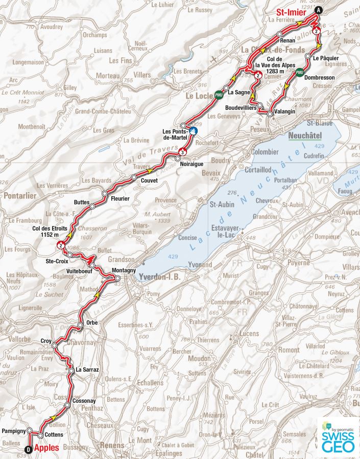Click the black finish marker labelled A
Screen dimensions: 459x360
pos(319,11)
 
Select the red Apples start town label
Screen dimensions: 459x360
pos(46,448)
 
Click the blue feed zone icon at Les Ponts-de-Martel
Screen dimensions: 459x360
pos(193,132)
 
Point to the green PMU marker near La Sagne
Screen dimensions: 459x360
pos(219,95)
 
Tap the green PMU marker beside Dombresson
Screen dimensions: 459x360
pos(300,72)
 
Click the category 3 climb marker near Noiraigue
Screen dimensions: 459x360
pos(182,152)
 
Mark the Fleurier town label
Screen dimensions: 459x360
pos(120,198)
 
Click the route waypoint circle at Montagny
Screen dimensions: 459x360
pos(118,279)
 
